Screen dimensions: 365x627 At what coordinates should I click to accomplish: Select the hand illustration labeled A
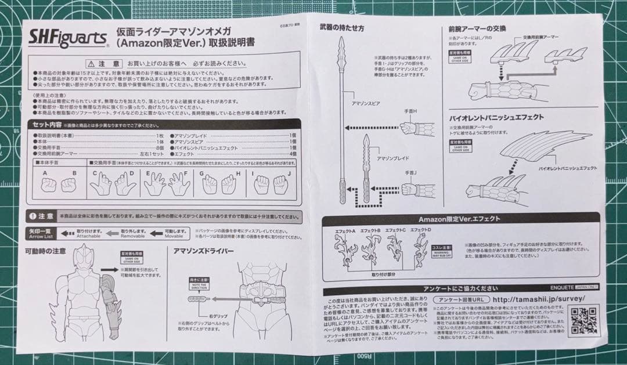point(49,185)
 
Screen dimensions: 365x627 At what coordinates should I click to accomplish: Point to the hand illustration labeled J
point(280,184)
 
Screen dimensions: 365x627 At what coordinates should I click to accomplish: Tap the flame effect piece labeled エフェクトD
point(421,250)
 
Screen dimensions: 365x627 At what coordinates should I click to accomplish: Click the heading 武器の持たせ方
point(342,27)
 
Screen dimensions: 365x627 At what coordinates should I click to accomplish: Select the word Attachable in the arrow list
point(89,237)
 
